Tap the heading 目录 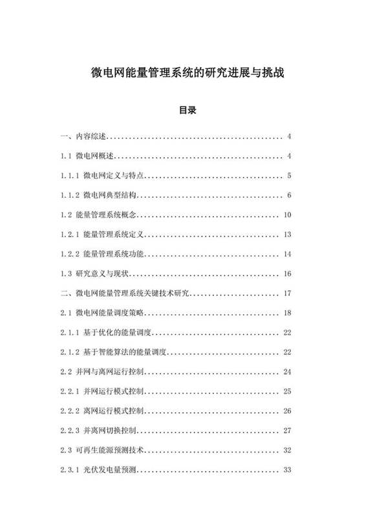(x=187, y=111)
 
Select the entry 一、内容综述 (x=83, y=136)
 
